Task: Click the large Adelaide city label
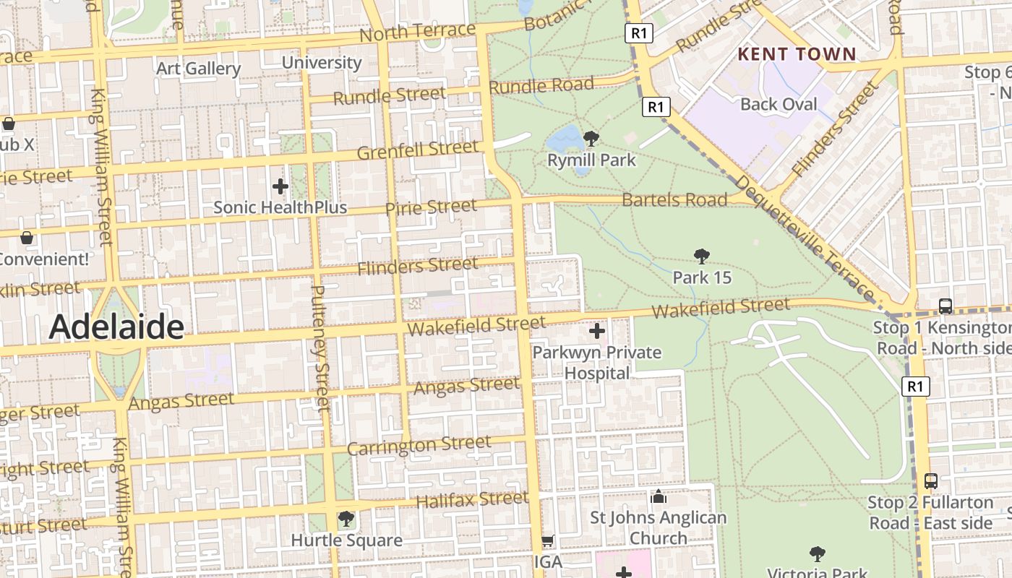(116, 327)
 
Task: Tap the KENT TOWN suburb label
(796, 54)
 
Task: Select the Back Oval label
(779, 104)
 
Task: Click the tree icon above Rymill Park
(591, 138)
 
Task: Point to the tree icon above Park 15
(701, 256)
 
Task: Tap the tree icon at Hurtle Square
(346, 518)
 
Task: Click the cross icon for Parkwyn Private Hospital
(597, 331)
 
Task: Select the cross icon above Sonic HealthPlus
(280, 186)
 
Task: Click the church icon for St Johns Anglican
(658, 496)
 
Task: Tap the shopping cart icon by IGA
(548, 540)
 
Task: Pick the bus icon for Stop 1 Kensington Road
(945, 306)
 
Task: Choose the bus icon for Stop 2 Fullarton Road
(931, 480)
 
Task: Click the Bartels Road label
(674, 199)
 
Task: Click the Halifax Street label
(472, 499)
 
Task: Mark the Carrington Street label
(419, 445)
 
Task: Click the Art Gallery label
(198, 69)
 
